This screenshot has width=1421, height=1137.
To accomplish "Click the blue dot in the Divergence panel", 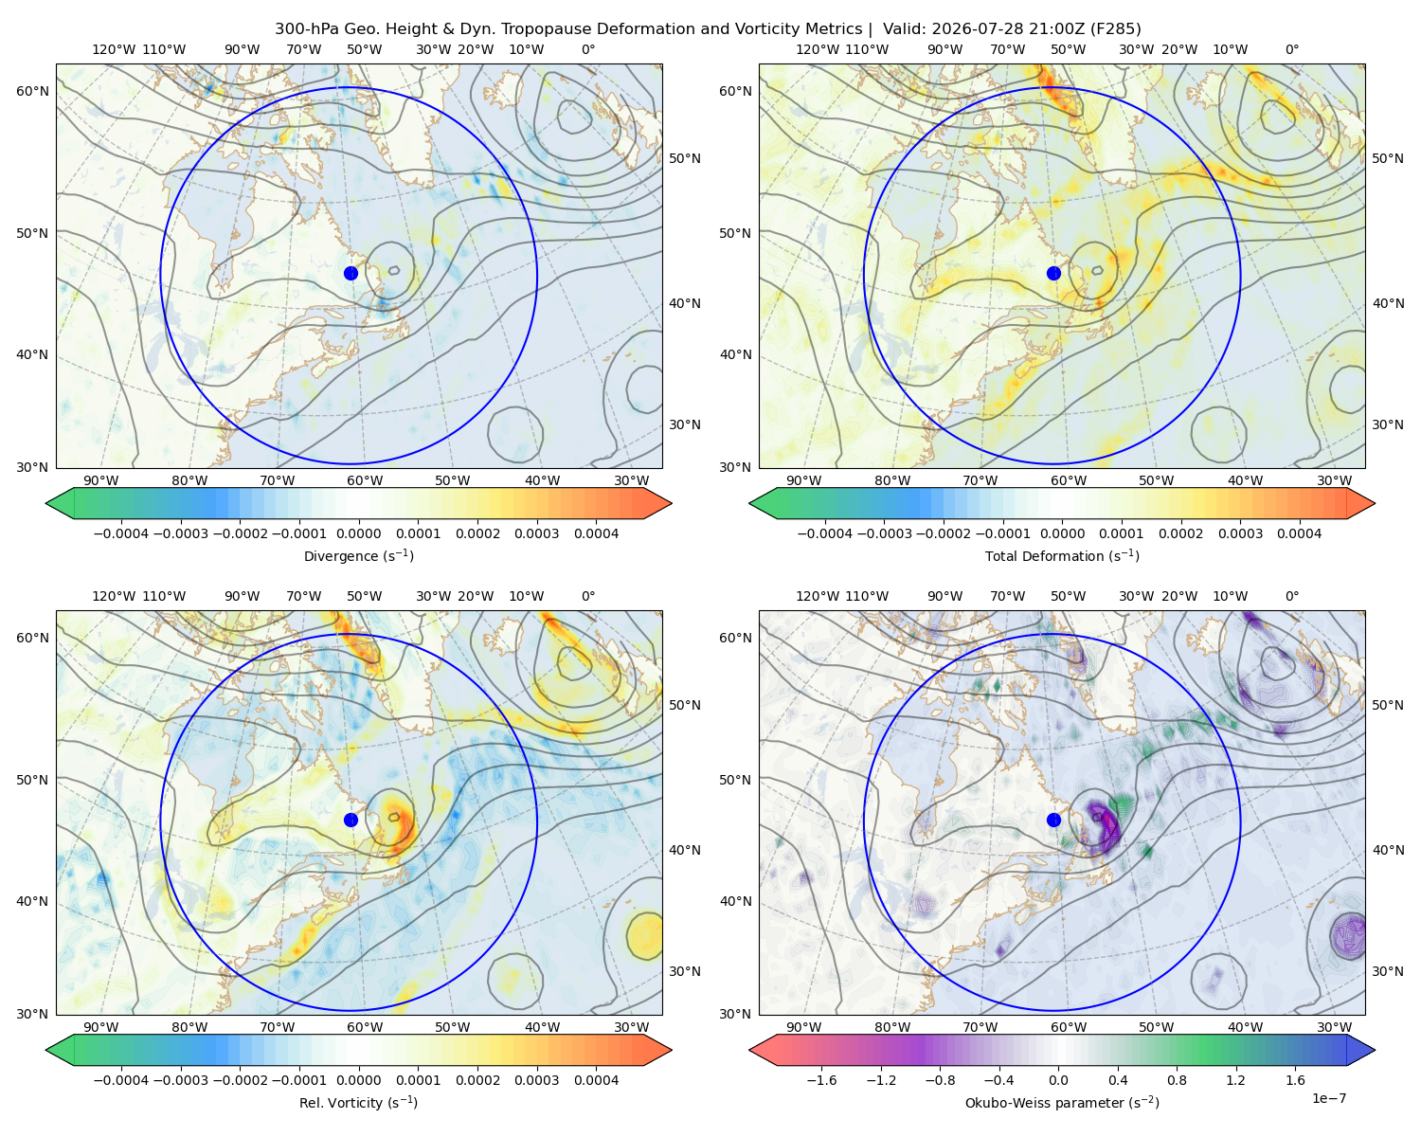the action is click(x=351, y=273).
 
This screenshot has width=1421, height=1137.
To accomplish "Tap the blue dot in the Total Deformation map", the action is click(x=1053, y=273).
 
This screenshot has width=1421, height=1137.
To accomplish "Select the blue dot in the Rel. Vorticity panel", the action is click(x=351, y=820).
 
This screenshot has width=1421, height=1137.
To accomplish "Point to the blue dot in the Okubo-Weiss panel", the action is click(x=1053, y=820).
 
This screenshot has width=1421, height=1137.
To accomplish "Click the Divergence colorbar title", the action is click(x=358, y=556).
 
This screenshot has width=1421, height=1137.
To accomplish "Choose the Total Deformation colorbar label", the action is click(x=1062, y=556).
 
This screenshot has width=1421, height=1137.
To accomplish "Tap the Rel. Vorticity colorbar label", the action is click(x=358, y=1103).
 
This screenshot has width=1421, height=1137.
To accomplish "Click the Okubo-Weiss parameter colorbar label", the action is click(x=1062, y=1103).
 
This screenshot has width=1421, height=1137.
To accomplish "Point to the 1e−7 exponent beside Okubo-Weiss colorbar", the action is click(x=1328, y=1099).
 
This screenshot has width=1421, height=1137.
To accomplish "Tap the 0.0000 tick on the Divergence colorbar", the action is click(x=358, y=533).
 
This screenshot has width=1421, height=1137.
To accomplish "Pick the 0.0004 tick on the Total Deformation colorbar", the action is click(x=1299, y=533).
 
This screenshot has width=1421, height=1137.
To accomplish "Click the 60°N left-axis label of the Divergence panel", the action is click(x=32, y=91).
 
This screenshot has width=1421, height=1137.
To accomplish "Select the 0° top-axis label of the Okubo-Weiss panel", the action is click(x=1291, y=597).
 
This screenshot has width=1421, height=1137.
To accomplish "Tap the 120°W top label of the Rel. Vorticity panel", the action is click(x=114, y=597).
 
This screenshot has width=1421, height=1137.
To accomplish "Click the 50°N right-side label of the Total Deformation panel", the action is click(x=1388, y=158).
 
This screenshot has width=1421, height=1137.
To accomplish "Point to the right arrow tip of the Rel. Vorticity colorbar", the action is click(x=672, y=1050).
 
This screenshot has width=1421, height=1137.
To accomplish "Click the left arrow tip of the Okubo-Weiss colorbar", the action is click(x=749, y=1050).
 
